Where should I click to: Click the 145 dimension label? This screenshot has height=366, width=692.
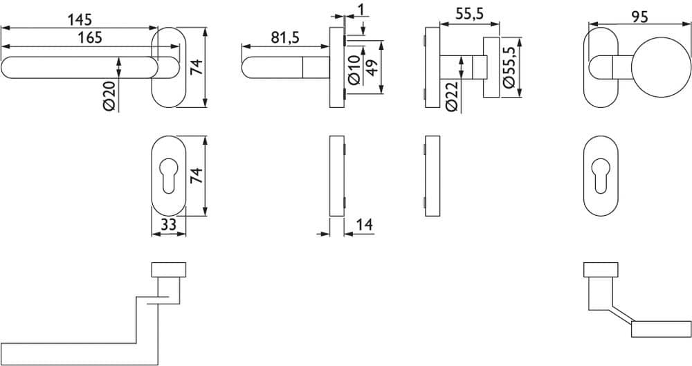80,19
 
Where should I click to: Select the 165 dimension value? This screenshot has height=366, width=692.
90,37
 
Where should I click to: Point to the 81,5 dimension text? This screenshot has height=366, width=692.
284,38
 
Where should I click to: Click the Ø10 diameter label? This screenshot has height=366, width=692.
354,70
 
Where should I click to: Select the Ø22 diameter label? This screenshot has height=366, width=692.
451,97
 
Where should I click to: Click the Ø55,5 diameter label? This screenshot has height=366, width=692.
509,67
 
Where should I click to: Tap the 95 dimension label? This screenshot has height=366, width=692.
639,17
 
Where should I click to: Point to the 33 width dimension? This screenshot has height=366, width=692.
168,225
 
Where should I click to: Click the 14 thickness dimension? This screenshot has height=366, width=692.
365,225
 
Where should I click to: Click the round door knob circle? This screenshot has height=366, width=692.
661,68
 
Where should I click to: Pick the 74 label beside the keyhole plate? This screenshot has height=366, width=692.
197,176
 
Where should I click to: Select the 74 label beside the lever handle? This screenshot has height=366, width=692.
197,66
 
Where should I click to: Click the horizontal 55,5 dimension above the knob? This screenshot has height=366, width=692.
469,14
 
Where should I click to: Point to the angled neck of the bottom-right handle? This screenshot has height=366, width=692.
621,314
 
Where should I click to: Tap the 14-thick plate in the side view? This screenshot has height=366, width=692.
337,176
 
